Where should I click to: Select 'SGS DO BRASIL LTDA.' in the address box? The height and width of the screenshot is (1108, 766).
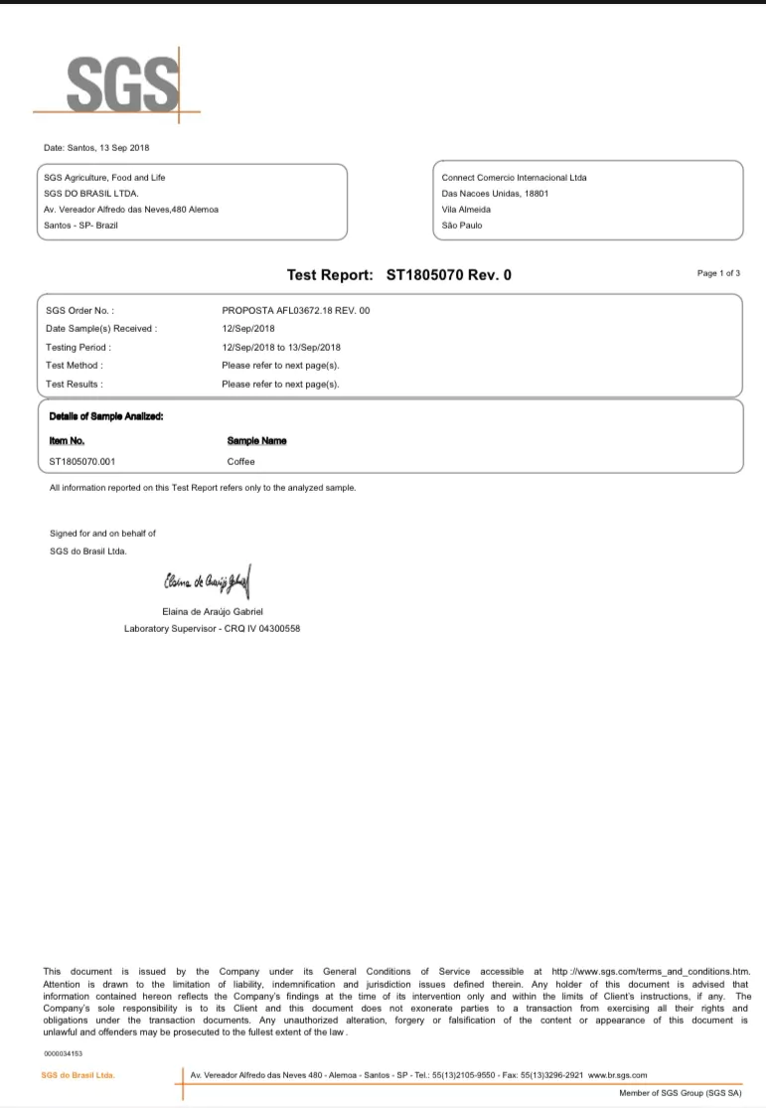click(x=92, y=194)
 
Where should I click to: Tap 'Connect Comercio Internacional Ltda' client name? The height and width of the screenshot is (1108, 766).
click(x=514, y=178)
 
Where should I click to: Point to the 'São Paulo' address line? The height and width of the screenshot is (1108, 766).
click(x=462, y=226)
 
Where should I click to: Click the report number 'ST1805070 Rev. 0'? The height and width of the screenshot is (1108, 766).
click(x=448, y=274)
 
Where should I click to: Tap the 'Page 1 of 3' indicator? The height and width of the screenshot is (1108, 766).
click(x=718, y=273)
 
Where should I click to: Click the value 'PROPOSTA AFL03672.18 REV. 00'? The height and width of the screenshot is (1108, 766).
click(x=296, y=311)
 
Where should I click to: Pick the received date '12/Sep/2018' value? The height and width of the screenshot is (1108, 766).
click(x=248, y=329)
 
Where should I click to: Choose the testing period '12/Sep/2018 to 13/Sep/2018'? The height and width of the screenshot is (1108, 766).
click(x=281, y=348)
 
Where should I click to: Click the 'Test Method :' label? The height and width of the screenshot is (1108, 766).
click(x=75, y=366)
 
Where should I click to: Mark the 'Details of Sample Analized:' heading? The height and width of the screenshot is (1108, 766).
click(x=106, y=416)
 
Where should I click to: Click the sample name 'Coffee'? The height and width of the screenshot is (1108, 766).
click(x=241, y=462)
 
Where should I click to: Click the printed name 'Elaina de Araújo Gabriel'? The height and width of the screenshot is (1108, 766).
click(x=212, y=611)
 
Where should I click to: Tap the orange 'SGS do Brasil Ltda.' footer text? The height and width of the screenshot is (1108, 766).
click(x=77, y=1075)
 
